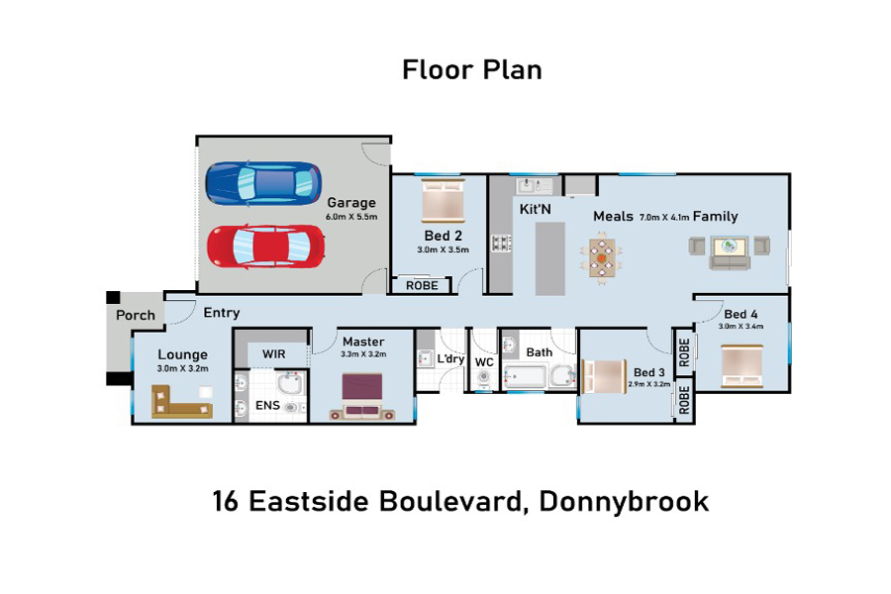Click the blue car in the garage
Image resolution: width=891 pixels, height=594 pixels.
click(263, 183)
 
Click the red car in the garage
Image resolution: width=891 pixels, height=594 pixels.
click(266, 247)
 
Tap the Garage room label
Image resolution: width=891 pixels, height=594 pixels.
click(351, 203)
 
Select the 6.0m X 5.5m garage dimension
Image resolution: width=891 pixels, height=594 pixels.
click(351, 217)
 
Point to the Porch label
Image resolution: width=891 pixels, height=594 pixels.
click(136, 315)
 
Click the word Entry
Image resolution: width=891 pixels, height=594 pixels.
click(222, 313)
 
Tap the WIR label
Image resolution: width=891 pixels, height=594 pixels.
click(274, 354)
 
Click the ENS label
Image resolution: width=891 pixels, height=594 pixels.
click(267, 405)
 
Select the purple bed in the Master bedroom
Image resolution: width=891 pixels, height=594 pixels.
click(362, 396)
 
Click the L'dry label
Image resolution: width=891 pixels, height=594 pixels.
click(450, 359)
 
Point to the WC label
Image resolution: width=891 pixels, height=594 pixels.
click(484, 362)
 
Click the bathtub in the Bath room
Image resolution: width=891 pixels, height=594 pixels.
click(526, 376)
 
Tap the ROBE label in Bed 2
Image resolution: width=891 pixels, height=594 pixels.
click(422, 285)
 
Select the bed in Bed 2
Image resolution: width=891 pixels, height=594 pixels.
click(443, 201)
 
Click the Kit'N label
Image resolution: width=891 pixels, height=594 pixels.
click(536, 209)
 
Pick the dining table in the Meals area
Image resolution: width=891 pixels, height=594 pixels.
click(602, 257)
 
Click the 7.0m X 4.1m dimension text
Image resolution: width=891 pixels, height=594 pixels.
click(664, 217)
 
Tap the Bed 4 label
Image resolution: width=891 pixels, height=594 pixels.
click(741, 315)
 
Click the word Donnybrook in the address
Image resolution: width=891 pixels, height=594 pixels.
click(624, 501)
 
